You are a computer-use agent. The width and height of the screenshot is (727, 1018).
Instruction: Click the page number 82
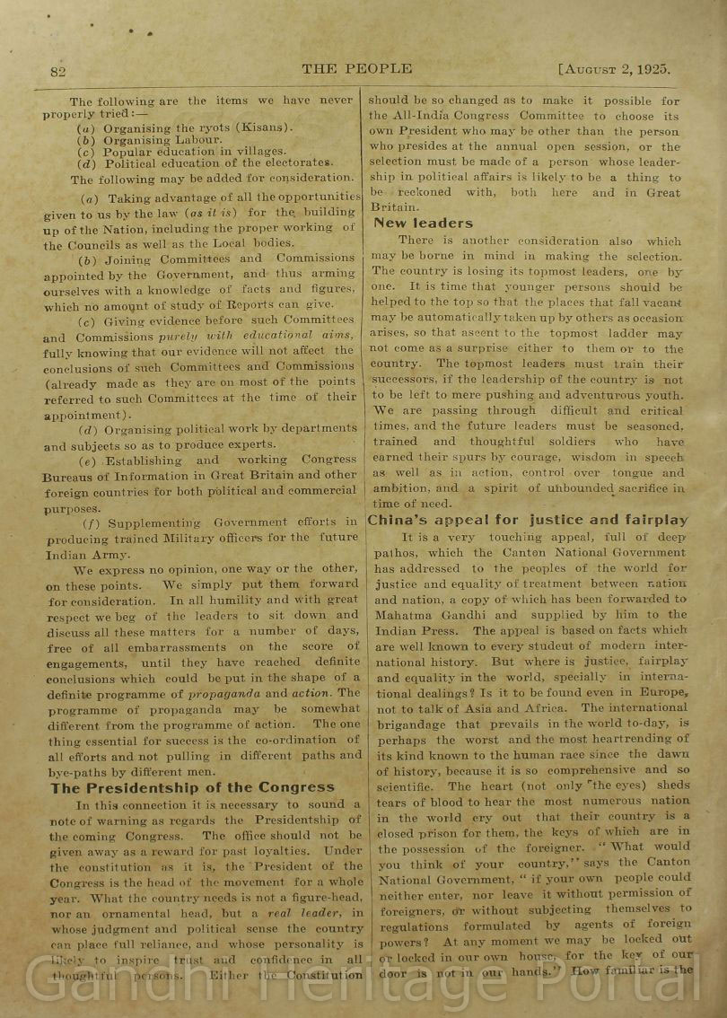pyautogui.click(x=57, y=71)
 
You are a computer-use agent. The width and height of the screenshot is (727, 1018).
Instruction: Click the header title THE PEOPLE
pyautogui.click(x=356, y=68)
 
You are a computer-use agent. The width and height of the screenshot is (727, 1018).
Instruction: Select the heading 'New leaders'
pyautogui.click(x=423, y=223)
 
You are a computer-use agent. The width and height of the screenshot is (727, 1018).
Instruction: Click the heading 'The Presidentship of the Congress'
pyautogui.click(x=192, y=787)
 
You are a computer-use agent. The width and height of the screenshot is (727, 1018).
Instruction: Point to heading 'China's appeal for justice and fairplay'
pyautogui.click(x=528, y=520)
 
